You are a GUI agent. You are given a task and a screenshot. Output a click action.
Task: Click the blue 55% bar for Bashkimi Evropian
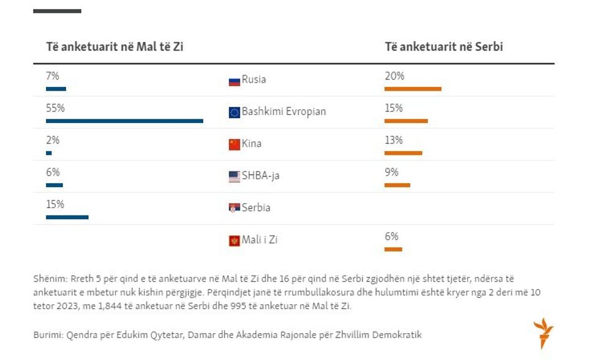pos(124,121)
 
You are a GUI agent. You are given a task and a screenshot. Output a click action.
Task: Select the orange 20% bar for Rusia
pos(413,89)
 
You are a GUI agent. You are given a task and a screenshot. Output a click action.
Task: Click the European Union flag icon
pos(234,113)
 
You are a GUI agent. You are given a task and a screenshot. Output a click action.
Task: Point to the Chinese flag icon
pos(234,144)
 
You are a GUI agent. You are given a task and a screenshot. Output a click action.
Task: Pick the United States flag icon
pos(234,177)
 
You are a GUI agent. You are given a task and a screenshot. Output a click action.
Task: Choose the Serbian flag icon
pos(234,209)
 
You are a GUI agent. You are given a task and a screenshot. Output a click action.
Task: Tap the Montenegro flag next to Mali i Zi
pos(234,241)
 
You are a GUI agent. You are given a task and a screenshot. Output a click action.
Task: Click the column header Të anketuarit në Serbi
pos(443,47)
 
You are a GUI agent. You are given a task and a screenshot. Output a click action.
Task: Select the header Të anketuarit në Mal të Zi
pos(114,47)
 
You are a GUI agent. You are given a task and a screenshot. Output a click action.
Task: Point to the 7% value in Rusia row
pos(53,77)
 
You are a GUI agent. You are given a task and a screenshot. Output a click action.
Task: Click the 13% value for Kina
pos(394,140)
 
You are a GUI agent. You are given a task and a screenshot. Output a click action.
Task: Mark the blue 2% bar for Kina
pos(49,153)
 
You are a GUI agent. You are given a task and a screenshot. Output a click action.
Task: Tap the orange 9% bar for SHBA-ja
pos(397,185)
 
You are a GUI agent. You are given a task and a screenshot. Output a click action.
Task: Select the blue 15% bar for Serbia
pos(67,217)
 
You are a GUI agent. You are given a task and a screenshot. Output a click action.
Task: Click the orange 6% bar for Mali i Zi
pos(393,249)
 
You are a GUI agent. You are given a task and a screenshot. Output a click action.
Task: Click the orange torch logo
pos(542,333)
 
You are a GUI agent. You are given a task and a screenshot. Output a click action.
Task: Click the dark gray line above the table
pos(57,11)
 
